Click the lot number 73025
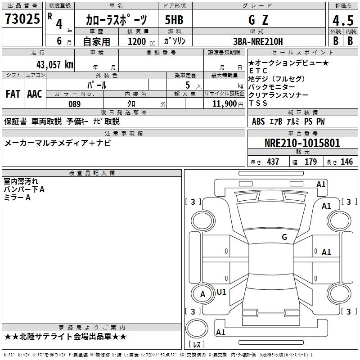[22, 20]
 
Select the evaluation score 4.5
[342, 20]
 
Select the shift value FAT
[13, 94]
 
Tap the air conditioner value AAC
[35, 94]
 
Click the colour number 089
[74, 104]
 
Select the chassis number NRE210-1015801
[302, 143]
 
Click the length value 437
[273, 162]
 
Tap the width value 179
[310, 162]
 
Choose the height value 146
[346, 162]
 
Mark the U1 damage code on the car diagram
[221, 292]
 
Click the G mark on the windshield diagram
[284, 237]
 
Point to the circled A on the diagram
[202, 294]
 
